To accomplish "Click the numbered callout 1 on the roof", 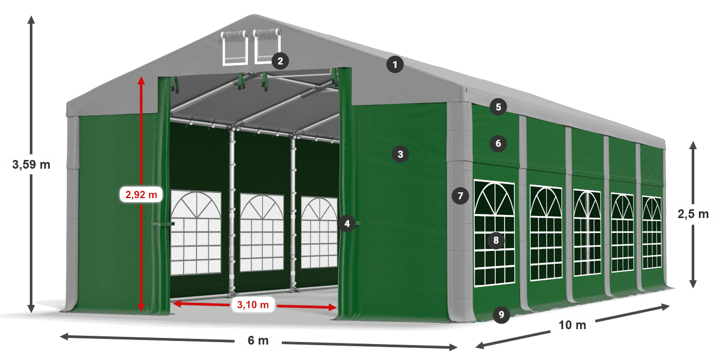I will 395,65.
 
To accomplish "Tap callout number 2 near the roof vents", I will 280,61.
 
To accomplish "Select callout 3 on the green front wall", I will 400,153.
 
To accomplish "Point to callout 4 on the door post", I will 347,223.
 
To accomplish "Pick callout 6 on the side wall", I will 498,143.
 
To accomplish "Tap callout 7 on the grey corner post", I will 460,195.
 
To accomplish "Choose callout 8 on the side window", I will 496,240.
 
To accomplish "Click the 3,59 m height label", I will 31,165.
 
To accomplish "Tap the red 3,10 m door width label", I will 253,304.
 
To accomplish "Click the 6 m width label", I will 258,340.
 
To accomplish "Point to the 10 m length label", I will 572,325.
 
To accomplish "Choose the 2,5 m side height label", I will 693,213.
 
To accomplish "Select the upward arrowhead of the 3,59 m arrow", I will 31,20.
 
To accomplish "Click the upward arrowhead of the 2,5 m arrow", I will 693,146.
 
